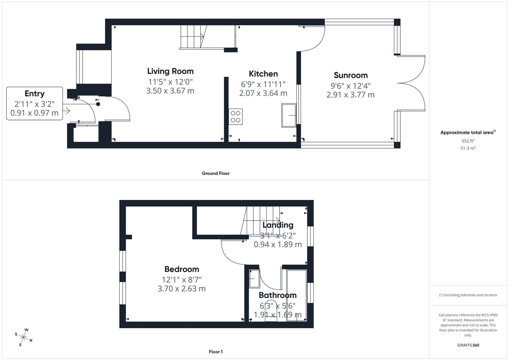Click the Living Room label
pos(170,71)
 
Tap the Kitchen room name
pos(263,74)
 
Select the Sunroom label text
pos(351,75)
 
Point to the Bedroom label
pos(182,269)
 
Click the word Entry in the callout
pos(34,94)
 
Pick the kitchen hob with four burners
pos(236,117)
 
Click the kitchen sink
pos(289,115)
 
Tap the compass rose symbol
pos(24,337)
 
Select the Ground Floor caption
pos(216,173)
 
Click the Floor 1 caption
pos(216,352)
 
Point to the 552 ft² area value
pos(468,141)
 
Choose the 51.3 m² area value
pos(468,148)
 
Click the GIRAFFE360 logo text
pos(468,345)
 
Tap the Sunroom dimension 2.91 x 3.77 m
pos(351,95)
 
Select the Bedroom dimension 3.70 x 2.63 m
pos(182,289)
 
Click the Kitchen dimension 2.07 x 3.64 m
pos(263,93)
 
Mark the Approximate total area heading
pos(467,132)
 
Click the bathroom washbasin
pos(254,279)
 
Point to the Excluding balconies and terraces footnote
pos(468,295)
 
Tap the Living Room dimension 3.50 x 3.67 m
pos(170,91)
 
